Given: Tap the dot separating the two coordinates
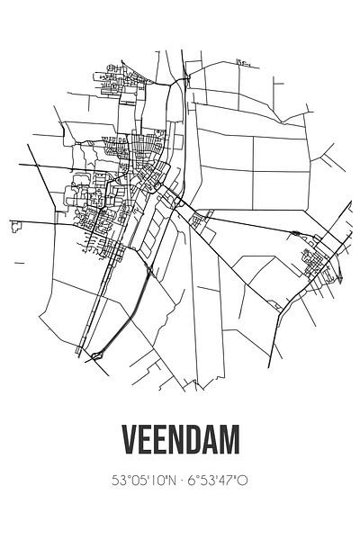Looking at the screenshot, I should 180,481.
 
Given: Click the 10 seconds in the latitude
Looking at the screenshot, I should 152,481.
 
